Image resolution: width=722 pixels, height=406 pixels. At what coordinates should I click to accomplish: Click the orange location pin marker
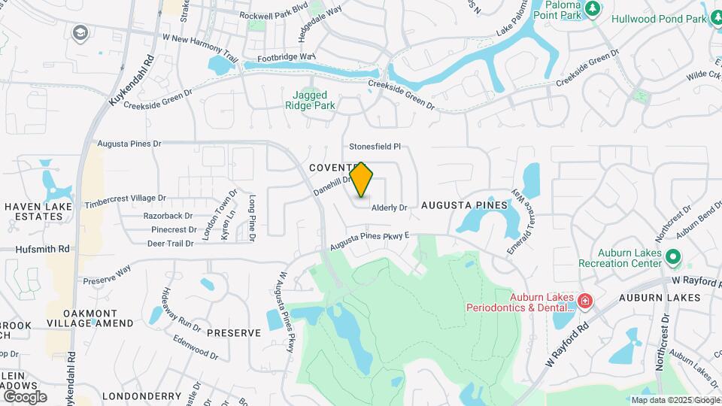[x=362, y=180]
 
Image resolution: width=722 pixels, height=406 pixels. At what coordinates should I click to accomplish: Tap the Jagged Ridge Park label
[x=310, y=100]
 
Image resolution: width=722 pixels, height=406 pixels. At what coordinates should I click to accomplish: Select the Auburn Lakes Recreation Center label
[x=620, y=258]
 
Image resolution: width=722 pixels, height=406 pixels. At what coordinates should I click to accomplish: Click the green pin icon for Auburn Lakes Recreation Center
[x=675, y=259]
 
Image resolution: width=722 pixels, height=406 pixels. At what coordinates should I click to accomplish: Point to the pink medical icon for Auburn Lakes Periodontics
[x=585, y=301]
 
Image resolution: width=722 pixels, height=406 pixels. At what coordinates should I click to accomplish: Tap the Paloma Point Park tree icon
[x=594, y=9]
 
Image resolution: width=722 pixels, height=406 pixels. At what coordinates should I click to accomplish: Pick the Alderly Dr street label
[x=388, y=208]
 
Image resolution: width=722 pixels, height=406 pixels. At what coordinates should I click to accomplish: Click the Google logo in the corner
[x=24, y=396]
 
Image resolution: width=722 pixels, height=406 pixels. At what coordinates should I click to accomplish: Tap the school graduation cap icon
[x=80, y=32]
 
